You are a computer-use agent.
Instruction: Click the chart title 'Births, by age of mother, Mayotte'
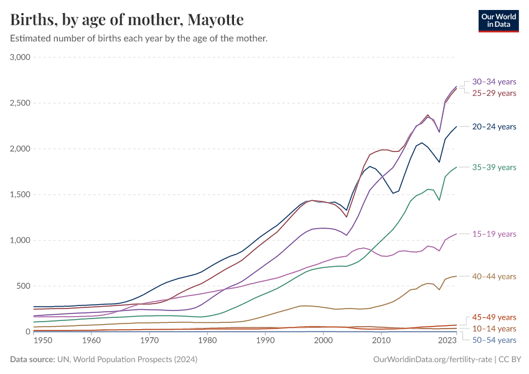[x=127, y=20]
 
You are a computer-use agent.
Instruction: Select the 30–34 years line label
[x=494, y=82]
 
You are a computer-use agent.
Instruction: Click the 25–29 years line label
[x=494, y=93]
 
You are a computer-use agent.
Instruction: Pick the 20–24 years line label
[x=494, y=127]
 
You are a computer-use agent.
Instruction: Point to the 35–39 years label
[x=494, y=167]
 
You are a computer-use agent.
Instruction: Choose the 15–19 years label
[x=494, y=234]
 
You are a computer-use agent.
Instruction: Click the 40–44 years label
[x=494, y=276]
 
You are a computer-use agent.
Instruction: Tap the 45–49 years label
[x=494, y=317]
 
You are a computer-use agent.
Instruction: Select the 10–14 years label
[x=494, y=328]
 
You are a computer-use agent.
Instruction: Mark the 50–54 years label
[x=494, y=340]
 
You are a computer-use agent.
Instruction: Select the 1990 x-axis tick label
[x=265, y=341]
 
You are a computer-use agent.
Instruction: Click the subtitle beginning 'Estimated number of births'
[x=139, y=39]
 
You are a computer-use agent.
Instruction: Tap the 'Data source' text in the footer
[x=103, y=360]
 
